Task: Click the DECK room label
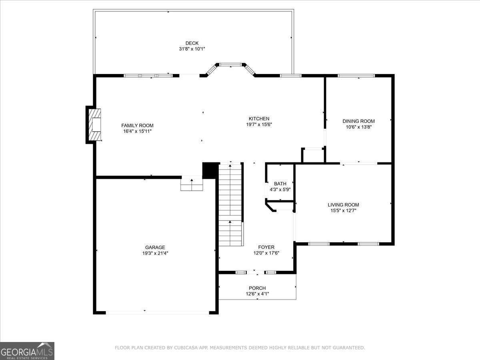[192, 43]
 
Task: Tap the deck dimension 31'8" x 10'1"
[192, 49]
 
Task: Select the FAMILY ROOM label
[137, 126]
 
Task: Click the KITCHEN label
[259, 118]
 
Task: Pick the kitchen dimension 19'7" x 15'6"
[259, 124]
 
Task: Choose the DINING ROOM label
[358, 121]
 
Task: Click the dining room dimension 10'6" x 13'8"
[358, 127]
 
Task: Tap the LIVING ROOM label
[343, 205]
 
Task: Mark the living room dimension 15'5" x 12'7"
[343, 210]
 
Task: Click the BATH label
[280, 184]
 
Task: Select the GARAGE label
[155, 247]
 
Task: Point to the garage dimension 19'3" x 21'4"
[155, 253]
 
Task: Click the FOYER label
[266, 247]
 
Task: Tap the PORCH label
[257, 288]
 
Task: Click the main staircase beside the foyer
[230, 204]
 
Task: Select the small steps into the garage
[192, 185]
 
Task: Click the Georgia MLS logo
[27, 351]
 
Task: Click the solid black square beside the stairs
[210, 170]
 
